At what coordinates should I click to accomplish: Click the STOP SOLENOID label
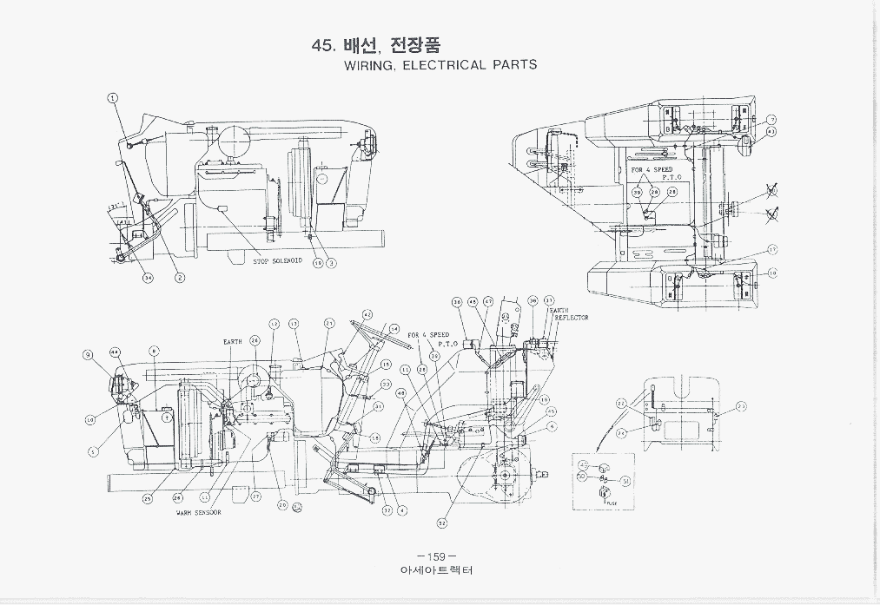pos(278,260)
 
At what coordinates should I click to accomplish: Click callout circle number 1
pos(113,97)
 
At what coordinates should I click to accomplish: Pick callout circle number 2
pos(180,278)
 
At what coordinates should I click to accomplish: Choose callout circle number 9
pos(88,354)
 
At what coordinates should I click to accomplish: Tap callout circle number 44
pos(115,352)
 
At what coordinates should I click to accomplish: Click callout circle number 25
pos(148,498)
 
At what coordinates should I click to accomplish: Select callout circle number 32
pos(441,523)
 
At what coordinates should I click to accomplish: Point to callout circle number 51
pos(625,480)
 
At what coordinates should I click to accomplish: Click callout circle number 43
pos(771,131)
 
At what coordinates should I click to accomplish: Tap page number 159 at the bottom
pos(436,556)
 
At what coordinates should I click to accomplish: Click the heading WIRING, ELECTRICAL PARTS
pos(440,65)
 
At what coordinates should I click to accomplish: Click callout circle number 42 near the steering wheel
pos(367,314)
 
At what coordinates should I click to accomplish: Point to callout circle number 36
pos(457,302)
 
